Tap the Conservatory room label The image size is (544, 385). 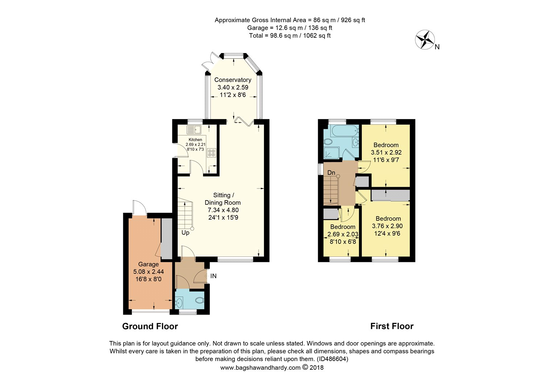coord(233,80)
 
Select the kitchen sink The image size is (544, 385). coord(194,130)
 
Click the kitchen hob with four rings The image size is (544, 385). coord(211,153)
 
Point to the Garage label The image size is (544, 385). coord(148,264)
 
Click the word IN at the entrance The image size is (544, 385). coord(213,276)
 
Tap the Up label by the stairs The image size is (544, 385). coord(185,233)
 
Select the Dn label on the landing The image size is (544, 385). coord(331,173)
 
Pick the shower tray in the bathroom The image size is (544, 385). coord(331,153)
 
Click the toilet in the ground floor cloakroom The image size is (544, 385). coord(199,300)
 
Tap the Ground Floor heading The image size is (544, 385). coord(150,327)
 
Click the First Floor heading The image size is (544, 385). coord(392,327)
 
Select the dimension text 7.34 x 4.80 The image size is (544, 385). coord(223,210)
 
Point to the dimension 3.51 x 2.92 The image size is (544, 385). coord(386,153)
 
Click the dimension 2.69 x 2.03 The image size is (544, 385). coord(343,235)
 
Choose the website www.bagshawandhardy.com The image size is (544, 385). coord(260,368)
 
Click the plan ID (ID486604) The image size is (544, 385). coord(333,359)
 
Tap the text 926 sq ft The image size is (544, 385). coord(353,20)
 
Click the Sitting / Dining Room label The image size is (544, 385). coord(223,199)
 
